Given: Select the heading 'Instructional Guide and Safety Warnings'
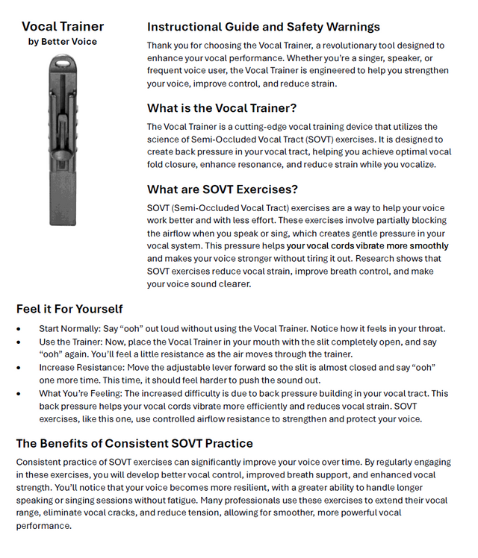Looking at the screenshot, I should point(264,28).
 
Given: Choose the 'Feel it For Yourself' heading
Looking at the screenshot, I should point(69,309).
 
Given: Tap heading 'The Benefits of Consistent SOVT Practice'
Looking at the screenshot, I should point(134,443).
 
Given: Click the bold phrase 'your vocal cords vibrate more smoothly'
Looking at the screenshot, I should point(367,245).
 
